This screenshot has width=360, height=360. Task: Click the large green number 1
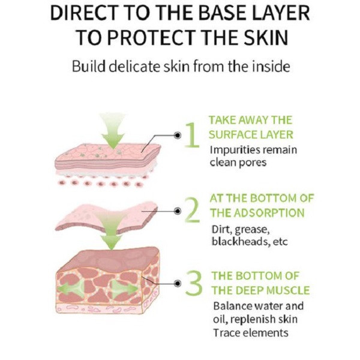pyautogui.click(x=193, y=135)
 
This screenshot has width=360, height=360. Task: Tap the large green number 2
pyautogui.click(x=193, y=210)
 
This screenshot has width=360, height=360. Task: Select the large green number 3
pyautogui.click(x=194, y=283)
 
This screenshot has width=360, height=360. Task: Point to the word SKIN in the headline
pyautogui.click(x=265, y=37)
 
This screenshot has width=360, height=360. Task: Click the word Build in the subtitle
pyautogui.click(x=89, y=67)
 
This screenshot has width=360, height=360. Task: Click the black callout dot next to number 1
pyautogui.click(x=177, y=136)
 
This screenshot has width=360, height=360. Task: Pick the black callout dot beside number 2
pyautogui.click(x=177, y=211)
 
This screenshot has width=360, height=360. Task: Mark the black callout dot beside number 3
pyautogui.click(x=177, y=284)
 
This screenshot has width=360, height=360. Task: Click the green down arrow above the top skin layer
pyautogui.click(x=113, y=130)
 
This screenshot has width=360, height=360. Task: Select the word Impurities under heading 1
pyautogui.click(x=235, y=151)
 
